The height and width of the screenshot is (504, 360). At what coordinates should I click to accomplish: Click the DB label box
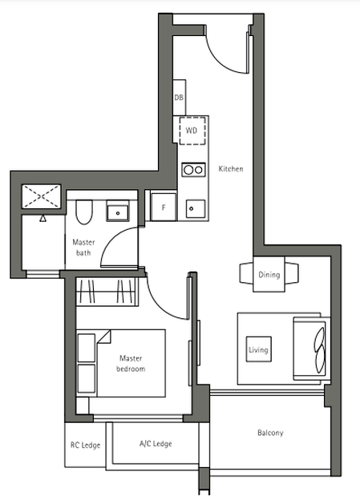point(179,98)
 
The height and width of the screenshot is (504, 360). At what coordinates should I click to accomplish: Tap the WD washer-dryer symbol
point(192,131)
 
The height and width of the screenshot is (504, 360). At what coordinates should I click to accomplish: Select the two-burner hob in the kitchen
point(193,169)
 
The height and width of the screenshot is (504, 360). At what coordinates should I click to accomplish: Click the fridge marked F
point(164,207)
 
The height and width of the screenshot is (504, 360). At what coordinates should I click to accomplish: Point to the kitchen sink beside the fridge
point(196,208)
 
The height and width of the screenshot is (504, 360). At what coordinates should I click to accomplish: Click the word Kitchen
point(231,169)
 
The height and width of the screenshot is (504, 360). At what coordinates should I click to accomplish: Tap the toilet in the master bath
point(84,212)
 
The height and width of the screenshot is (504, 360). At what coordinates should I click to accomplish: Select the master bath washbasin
point(118,211)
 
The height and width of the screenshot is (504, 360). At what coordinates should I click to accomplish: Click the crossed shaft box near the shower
point(41,196)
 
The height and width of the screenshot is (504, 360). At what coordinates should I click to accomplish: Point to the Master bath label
point(83,247)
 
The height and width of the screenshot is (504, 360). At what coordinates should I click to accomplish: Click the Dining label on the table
point(269,275)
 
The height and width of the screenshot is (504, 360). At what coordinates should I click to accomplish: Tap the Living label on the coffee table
point(258,349)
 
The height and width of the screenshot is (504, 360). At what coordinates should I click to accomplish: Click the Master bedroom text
point(131,363)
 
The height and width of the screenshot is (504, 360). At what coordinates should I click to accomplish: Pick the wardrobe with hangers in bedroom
point(107,291)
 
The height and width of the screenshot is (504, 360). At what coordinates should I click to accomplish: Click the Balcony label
point(270,433)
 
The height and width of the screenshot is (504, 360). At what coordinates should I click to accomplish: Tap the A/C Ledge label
point(156,444)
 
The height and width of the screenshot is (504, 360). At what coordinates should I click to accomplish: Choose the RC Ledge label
point(85,445)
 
